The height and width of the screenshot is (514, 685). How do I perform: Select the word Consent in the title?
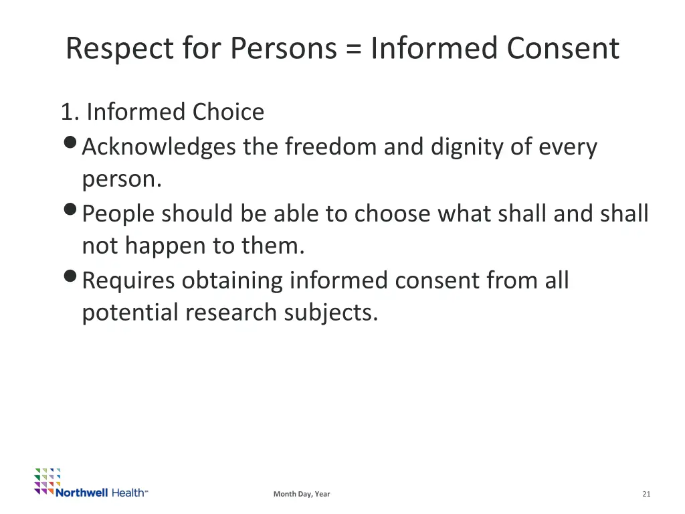tap(563, 49)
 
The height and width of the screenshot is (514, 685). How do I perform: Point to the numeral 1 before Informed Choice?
tap(67, 112)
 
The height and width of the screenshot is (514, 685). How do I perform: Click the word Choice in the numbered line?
tap(228, 112)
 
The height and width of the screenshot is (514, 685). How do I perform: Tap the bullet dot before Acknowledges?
tap(71, 145)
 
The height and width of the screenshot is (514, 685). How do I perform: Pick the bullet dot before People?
tap(71, 211)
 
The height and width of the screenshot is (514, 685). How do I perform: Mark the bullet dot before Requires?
tap(71, 277)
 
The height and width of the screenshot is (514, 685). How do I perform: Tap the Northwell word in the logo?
tap(82, 493)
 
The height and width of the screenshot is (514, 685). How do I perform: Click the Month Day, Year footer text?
tap(302, 494)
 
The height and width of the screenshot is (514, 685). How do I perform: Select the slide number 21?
tap(646, 494)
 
